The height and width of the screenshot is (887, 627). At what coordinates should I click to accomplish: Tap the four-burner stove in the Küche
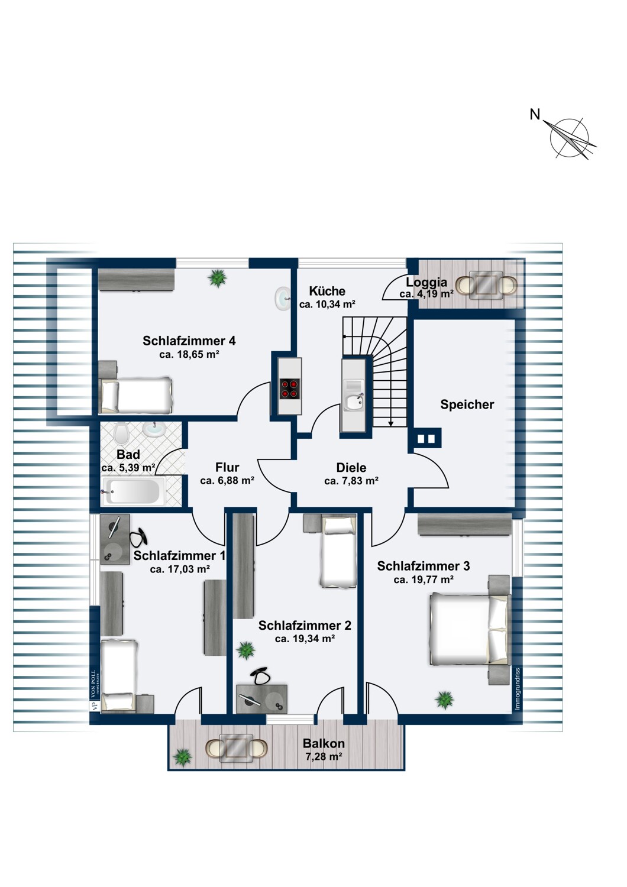289,389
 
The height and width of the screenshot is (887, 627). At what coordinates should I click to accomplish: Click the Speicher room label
467,404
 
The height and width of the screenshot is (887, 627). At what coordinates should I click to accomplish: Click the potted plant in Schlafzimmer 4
218,278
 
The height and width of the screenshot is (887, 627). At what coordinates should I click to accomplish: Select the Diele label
351,468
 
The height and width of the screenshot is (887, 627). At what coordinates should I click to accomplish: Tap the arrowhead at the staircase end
391,423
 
